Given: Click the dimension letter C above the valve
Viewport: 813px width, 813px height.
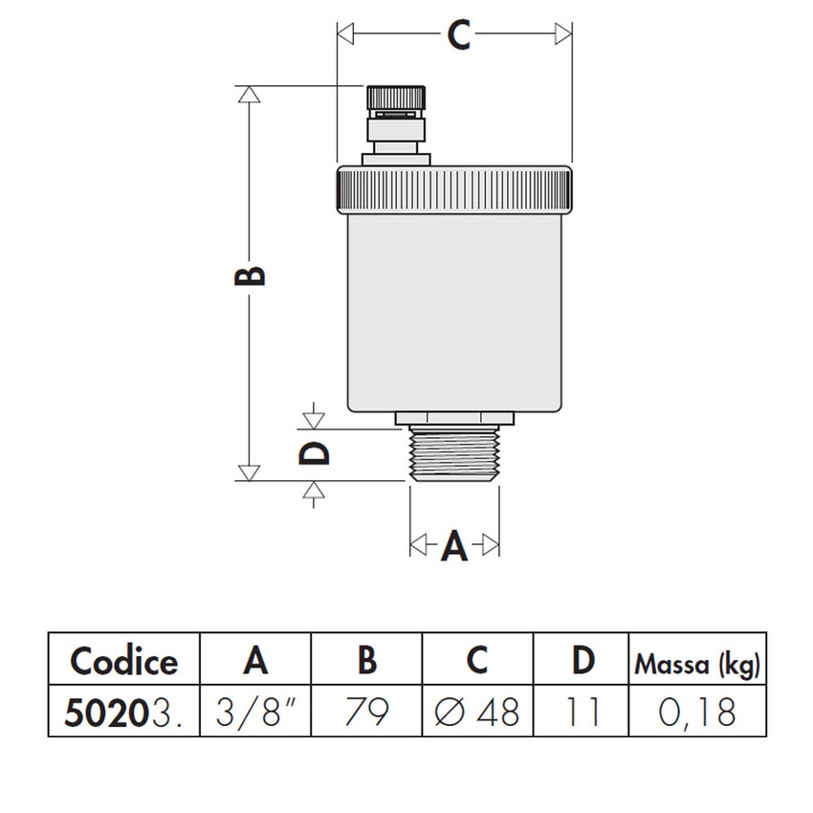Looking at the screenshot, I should point(459,35).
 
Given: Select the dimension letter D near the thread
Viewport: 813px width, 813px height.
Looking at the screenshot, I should point(314,451).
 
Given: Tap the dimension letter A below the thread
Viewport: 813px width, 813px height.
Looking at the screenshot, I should point(454,546).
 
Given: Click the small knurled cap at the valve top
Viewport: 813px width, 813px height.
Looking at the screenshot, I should point(395,98).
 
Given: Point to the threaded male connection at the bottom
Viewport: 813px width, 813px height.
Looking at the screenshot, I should point(454,454).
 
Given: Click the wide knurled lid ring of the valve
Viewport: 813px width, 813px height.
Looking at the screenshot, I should point(454,189).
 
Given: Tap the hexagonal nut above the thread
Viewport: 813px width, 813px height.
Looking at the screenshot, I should point(454,418).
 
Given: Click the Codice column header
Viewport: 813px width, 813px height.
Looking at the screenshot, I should point(124,661).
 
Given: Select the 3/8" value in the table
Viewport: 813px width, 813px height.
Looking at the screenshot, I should point(256,713).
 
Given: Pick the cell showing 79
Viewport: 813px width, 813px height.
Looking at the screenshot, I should point(366,713).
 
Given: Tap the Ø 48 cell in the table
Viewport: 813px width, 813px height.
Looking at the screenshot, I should point(477,713).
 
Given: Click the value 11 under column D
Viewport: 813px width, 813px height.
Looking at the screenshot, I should point(582,713).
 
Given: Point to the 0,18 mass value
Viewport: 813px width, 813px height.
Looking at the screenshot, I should point(697,713).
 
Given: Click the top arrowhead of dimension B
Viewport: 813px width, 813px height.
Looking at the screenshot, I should point(250,94).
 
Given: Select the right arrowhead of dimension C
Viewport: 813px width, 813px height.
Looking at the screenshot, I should point(563,35).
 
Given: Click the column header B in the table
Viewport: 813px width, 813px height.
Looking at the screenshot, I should point(366,661).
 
